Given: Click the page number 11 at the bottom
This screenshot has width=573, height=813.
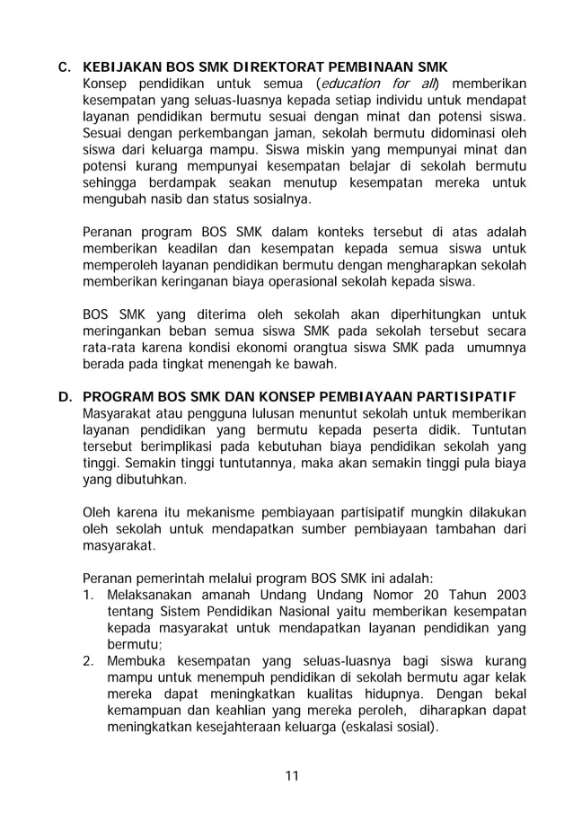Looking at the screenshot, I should pyautogui.click(x=286, y=775).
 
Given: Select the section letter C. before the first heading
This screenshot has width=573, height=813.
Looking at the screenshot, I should pyautogui.click(x=64, y=67).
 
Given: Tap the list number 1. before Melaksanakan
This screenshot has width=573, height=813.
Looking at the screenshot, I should pyautogui.click(x=89, y=596).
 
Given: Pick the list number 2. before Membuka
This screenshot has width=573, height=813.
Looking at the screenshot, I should pyautogui.click(x=89, y=661).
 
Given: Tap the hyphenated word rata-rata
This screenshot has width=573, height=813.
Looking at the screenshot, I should pyautogui.click(x=109, y=347).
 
